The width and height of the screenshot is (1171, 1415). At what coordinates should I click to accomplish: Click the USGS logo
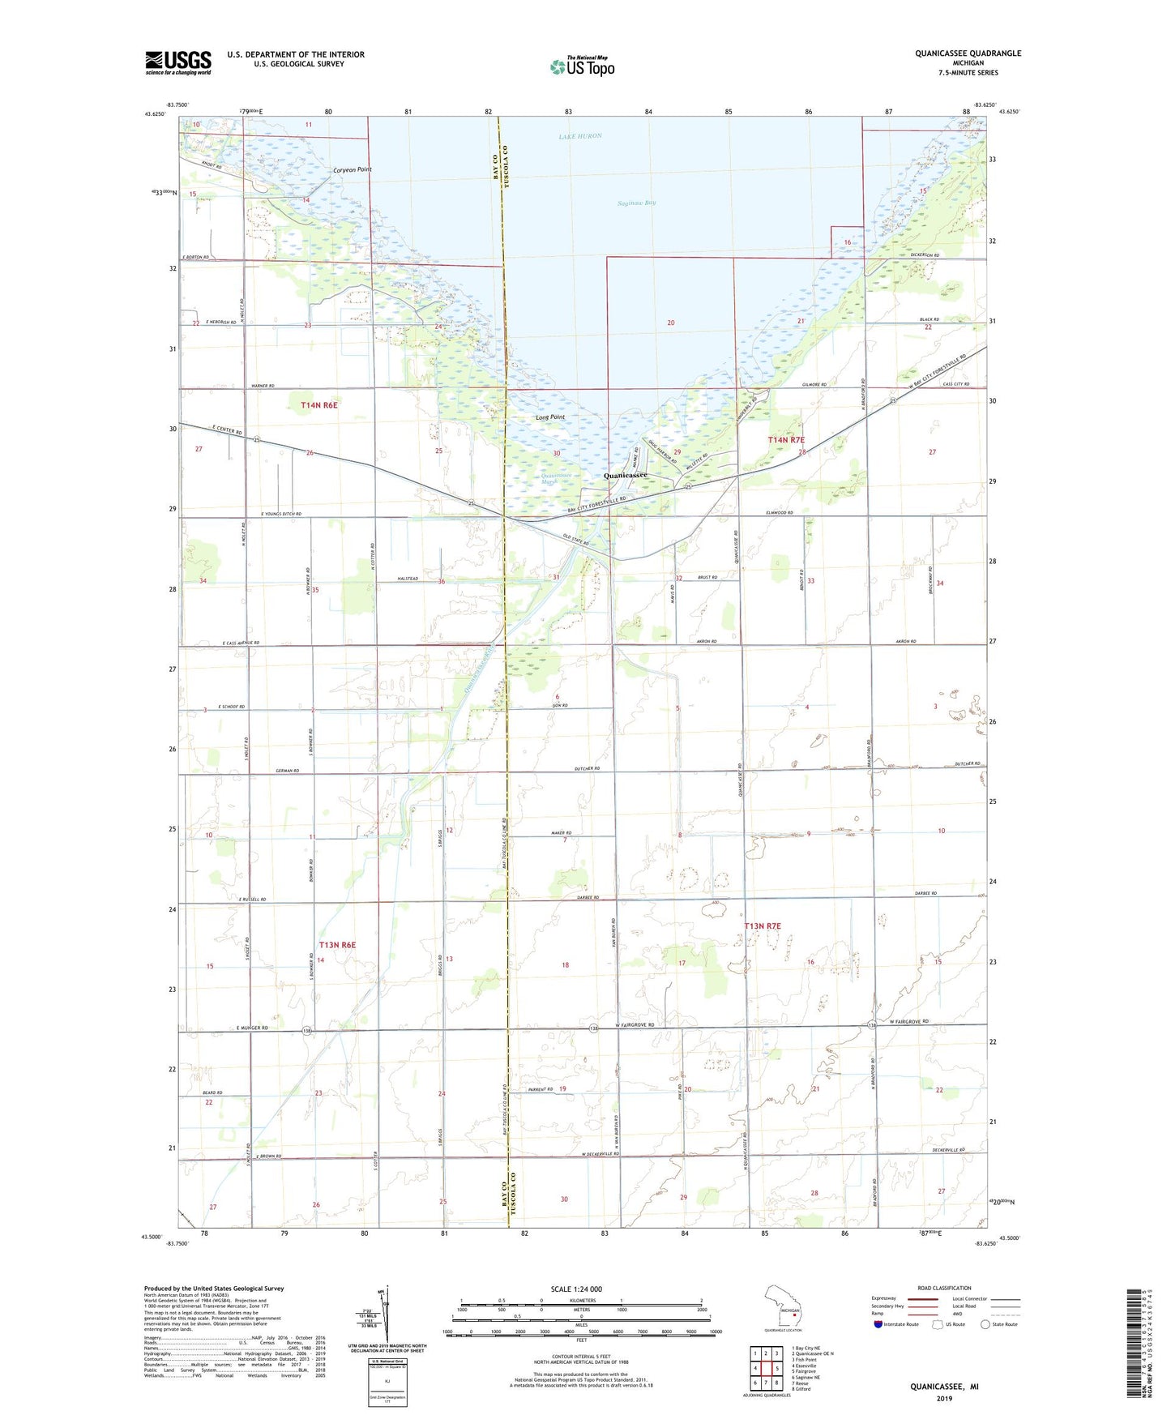(x=177, y=62)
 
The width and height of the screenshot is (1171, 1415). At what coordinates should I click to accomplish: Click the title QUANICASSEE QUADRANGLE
(x=968, y=53)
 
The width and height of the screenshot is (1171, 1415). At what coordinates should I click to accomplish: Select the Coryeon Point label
(x=352, y=170)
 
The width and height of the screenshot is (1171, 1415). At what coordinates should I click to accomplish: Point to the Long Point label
(x=549, y=417)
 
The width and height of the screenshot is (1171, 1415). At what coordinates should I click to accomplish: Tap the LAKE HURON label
(x=580, y=136)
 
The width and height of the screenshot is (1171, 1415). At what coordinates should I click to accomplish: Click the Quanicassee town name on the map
(x=625, y=476)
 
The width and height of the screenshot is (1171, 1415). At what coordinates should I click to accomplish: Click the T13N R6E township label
(x=337, y=945)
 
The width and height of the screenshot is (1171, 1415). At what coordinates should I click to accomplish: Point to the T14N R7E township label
(x=786, y=439)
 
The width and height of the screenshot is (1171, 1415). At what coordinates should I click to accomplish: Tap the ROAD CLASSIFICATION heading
(x=944, y=1288)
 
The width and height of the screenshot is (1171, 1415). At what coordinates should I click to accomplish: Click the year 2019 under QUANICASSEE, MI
(x=944, y=1398)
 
